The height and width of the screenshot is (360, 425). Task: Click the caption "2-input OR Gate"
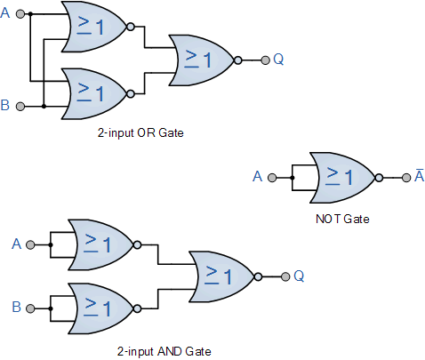pos(140,132)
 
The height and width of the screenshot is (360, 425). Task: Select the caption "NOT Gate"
pos(342,219)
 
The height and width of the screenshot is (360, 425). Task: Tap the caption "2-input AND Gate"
pos(164,351)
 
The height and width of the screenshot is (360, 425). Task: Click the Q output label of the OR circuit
pos(278,59)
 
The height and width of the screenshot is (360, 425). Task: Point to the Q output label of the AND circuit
pos(299,276)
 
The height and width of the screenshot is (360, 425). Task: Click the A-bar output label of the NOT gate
pos(420,175)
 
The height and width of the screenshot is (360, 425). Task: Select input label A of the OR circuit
pos(5,13)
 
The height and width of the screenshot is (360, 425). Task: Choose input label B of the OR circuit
pos(5,105)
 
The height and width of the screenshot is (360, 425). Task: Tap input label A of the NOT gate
pos(257,177)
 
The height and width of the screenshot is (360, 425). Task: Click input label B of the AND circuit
pos(17,307)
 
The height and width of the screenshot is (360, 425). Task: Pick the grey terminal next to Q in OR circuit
pos(265,60)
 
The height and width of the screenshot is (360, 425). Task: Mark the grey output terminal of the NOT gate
pos(406,178)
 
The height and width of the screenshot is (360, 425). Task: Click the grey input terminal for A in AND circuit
pos(30,245)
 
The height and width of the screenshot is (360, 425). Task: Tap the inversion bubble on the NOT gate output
pos(379,178)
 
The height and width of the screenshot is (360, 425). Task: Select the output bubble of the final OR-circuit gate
pos(237,60)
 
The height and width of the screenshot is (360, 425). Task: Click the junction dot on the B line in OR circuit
pos(44,106)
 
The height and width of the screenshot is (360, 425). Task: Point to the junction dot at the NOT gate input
pos(293,178)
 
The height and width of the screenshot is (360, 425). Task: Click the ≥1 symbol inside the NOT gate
pos(339,177)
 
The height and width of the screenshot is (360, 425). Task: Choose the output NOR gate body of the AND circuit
pos(221,276)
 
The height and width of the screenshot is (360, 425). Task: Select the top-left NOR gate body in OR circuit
pos(94,27)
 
